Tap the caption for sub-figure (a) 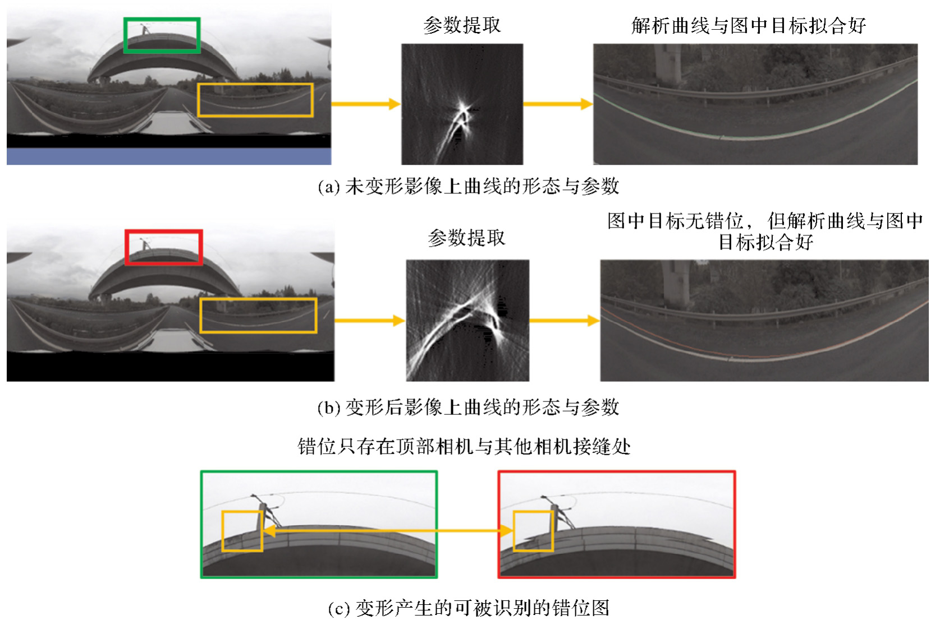click(468, 186)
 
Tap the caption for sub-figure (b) click(468, 408)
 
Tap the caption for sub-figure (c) click(469, 608)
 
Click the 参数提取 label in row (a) click(462, 25)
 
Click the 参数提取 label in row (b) click(467, 238)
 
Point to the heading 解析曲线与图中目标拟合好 click(749, 26)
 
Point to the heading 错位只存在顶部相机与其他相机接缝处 click(464, 447)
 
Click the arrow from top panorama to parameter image click(366, 104)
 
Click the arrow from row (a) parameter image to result click(558, 104)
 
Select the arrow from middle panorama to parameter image click(370, 321)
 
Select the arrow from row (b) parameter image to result click(565, 321)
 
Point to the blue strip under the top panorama click(169, 156)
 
